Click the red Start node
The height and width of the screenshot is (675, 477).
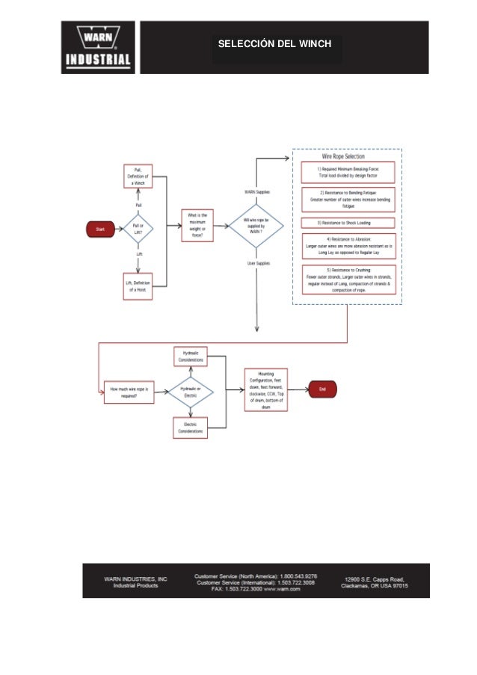point(100,229)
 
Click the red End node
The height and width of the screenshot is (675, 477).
point(322,389)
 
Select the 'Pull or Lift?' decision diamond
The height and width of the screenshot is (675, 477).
point(138,229)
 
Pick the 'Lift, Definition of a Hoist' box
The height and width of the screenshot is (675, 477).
point(138,286)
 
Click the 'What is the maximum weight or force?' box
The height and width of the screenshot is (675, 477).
point(197,225)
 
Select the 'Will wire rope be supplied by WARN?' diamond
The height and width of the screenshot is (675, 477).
point(256,225)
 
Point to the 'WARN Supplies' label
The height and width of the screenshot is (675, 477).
point(257,192)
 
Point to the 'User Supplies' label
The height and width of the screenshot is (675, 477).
point(258,263)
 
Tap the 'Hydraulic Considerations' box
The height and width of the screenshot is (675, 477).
point(190,356)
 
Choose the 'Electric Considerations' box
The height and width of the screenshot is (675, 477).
point(190,427)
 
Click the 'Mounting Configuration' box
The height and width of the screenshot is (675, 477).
point(265,389)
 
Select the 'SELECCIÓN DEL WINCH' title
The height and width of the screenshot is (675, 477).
point(274,44)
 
